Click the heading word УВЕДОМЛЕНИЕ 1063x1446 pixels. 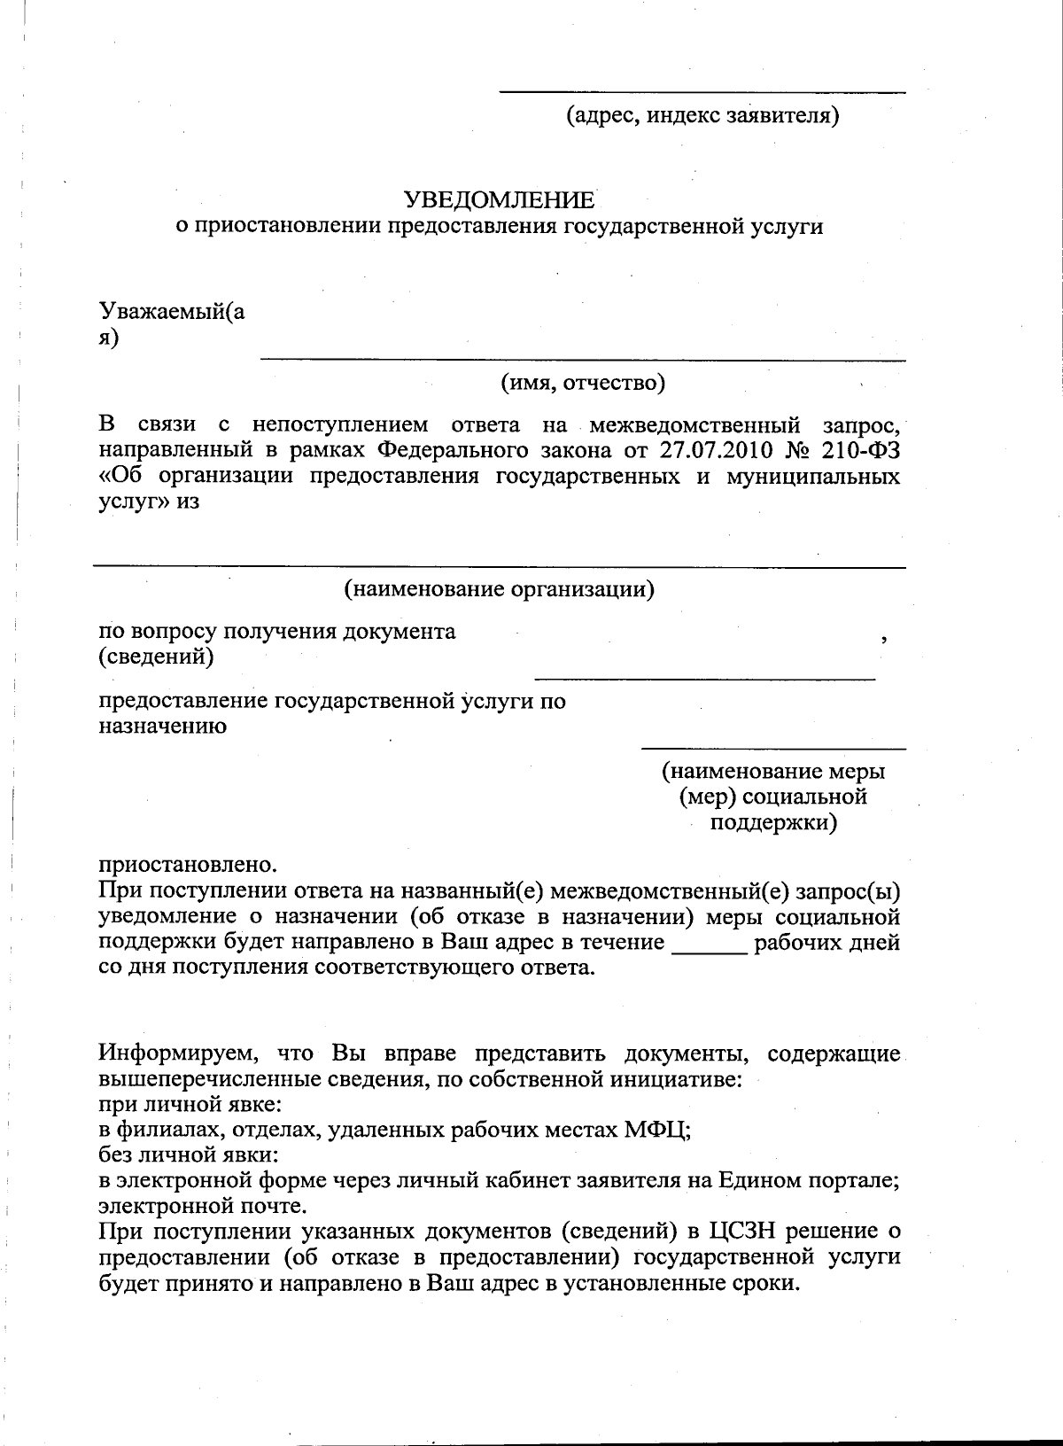pyautogui.click(x=500, y=199)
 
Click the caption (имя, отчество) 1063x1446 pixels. pyautogui.click(x=583, y=383)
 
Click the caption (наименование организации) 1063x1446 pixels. pyautogui.click(x=499, y=588)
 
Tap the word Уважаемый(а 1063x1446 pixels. pyautogui.click(x=172, y=312)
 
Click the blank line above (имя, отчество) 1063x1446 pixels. pyautogui.click(x=582, y=359)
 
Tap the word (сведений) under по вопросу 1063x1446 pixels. pyautogui.click(x=155, y=657)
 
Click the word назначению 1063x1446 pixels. pyautogui.click(x=162, y=727)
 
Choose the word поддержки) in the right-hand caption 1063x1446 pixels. pyautogui.click(x=773, y=823)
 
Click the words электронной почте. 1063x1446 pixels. pyautogui.click(x=204, y=1206)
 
